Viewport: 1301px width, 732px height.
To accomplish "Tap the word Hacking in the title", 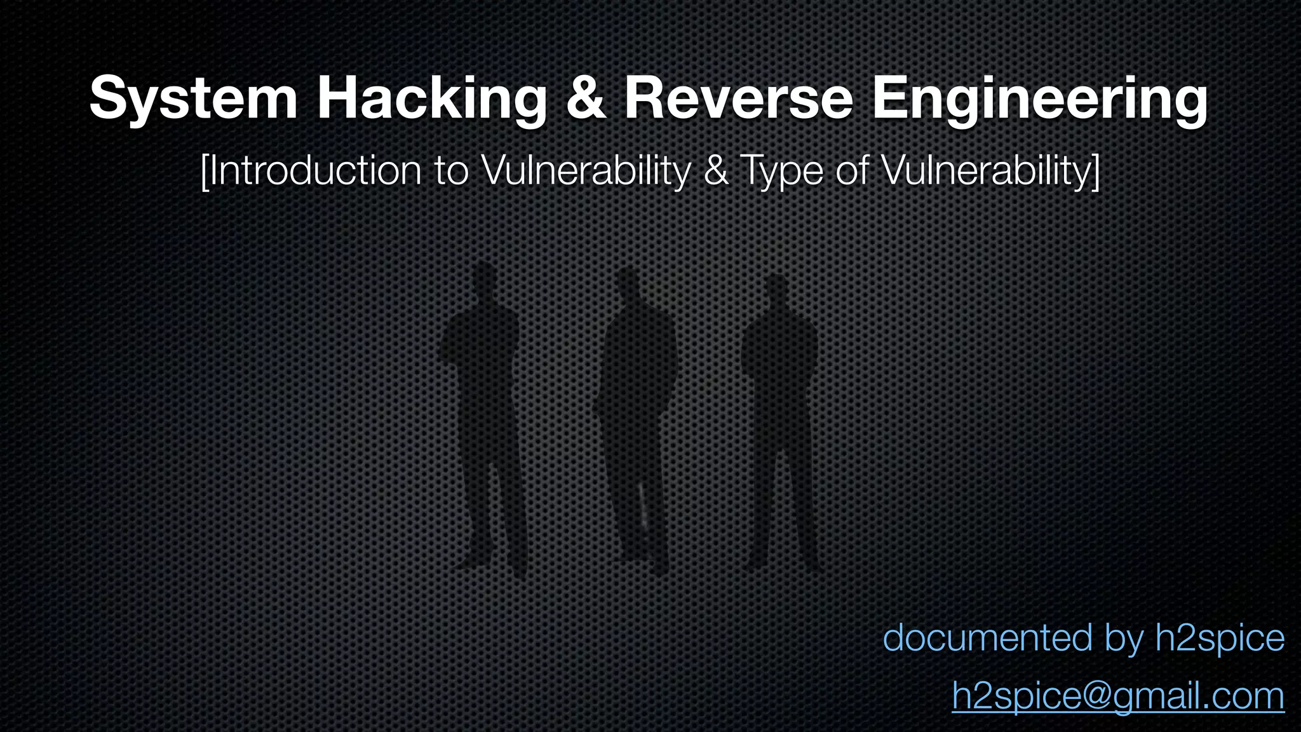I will tap(432, 98).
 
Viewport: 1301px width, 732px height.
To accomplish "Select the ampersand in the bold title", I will tap(585, 98).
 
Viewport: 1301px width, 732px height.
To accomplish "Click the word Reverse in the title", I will tap(738, 98).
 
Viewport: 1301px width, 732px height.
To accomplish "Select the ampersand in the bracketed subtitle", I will tap(716, 170).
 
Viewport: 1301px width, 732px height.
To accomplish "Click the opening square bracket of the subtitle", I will tap(204, 170).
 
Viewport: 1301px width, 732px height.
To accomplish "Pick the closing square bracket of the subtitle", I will tap(1095, 170).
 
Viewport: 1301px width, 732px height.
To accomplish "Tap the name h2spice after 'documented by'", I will tap(1220, 639).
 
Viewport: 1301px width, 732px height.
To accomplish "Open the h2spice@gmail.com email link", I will tap(1117, 696).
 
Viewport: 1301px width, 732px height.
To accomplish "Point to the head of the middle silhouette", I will tap(628, 284).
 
